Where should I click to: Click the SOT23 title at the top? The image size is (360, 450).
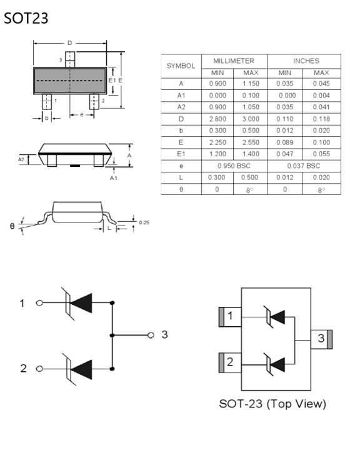pyautogui.click(x=26, y=19)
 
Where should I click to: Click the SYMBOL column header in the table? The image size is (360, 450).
pyautogui.click(x=181, y=66)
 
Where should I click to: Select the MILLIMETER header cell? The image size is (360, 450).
pyautogui.click(x=233, y=61)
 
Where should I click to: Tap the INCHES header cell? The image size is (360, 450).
pyautogui.click(x=306, y=61)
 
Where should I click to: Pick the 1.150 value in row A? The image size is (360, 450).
pyautogui.click(x=250, y=83)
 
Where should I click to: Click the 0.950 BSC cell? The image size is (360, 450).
pyautogui.click(x=233, y=166)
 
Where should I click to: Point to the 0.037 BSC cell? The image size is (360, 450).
pyautogui.click(x=306, y=166)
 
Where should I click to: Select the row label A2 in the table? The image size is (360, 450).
pyautogui.click(x=181, y=107)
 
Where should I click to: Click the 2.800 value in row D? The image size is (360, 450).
pyautogui.click(x=217, y=119)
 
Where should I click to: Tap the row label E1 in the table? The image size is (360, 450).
pyautogui.click(x=181, y=154)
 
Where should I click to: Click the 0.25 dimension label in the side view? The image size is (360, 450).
pyautogui.click(x=144, y=222)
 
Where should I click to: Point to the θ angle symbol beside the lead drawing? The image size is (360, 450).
pyautogui.click(x=12, y=226)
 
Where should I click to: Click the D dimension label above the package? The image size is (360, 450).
pyautogui.click(x=70, y=43)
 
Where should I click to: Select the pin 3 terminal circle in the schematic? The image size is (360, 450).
pyautogui.click(x=151, y=335)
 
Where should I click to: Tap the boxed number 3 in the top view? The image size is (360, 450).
pyautogui.click(x=320, y=339)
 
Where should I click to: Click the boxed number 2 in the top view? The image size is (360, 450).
pyautogui.click(x=230, y=362)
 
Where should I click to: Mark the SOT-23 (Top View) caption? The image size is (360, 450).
pyautogui.click(x=272, y=404)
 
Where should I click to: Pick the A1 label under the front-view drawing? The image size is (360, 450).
pyautogui.click(x=114, y=177)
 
